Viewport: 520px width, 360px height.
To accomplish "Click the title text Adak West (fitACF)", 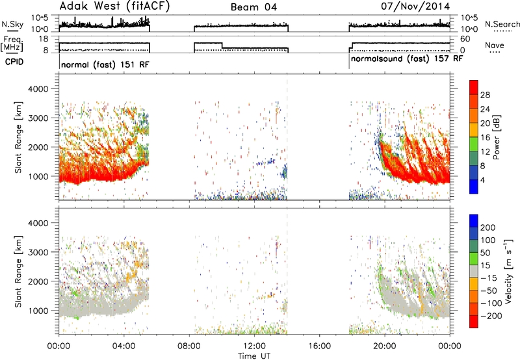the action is click(114, 6).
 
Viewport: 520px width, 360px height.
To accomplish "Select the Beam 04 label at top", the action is click(253, 7).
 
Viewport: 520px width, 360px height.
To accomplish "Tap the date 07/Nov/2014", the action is click(415, 6).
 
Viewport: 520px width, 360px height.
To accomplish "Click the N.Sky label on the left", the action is click(12, 24).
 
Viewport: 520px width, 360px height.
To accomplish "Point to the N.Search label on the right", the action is click(502, 24).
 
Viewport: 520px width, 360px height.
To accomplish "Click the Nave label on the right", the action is click(495, 45).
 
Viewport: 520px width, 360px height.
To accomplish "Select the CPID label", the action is click(14, 62).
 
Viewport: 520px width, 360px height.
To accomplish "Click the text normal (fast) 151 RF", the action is click(105, 64).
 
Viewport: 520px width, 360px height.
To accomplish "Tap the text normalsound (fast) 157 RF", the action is click(407, 59).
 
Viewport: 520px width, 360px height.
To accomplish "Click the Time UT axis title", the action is click(254, 356).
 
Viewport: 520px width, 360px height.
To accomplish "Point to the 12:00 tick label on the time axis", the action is click(254, 346).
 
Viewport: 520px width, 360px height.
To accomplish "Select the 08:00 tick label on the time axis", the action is click(189, 346).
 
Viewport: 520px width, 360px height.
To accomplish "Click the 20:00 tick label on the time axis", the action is click(385, 346).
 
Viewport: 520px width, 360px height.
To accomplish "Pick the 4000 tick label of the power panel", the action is click(38, 89).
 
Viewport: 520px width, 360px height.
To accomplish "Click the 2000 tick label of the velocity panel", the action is click(38, 281).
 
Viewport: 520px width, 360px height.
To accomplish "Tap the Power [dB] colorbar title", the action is click(496, 137).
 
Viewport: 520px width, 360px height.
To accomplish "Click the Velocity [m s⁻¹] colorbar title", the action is click(508, 271).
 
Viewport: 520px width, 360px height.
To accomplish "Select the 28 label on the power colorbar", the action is click(485, 95).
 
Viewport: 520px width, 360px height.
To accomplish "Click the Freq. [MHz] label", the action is click(12, 44).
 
